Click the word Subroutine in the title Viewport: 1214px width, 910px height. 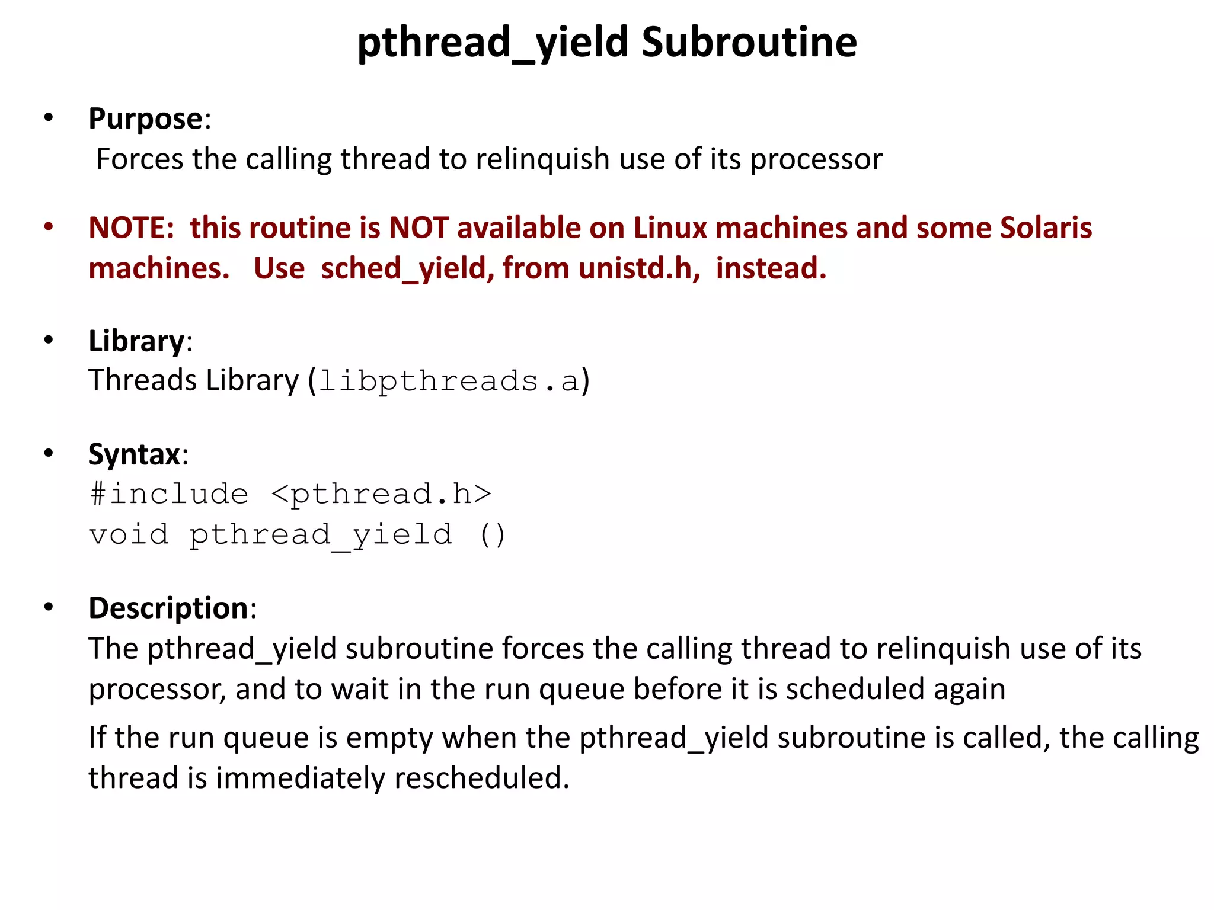click(749, 43)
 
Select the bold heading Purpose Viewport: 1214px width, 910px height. click(146, 118)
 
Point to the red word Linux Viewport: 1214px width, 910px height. click(670, 228)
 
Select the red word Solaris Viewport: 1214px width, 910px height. click(1046, 228)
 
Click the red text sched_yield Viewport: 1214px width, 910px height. click(407, 268)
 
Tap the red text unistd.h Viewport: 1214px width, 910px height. click(638, 268)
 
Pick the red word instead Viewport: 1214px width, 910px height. click(771, 268)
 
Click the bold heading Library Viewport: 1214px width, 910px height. click(137, 341)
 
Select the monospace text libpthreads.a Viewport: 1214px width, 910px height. click(449, 381)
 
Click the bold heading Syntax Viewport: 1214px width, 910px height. click(135, 455)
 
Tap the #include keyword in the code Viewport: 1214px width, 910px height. click(169, 494)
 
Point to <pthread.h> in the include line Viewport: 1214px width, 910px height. click(381, 494)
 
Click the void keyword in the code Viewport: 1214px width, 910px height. click(129, 534)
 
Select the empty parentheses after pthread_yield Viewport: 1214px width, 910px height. click(492, 534)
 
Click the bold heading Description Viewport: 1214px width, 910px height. click(168, 608)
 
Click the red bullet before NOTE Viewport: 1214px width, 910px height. click(49, 227)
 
